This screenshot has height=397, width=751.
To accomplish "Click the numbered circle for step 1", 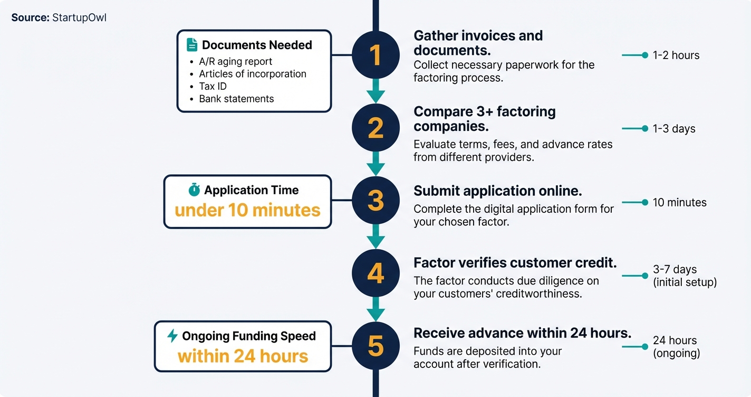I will tap(375, 55).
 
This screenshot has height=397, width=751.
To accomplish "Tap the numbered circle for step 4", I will tap(375, 273).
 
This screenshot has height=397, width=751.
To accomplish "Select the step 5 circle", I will tap(375, 346).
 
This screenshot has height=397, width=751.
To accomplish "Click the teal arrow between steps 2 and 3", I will tap(375, 164).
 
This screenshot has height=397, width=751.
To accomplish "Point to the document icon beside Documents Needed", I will tap(192, 45).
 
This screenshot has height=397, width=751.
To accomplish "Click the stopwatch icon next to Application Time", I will tap(194, 190).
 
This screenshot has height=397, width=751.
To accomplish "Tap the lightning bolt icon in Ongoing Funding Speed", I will tap(172, 336).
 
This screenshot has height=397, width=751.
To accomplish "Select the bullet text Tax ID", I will tap(213, 86).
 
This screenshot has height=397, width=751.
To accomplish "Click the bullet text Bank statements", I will tap(236, 99).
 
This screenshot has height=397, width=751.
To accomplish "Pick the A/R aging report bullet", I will tap(235, 61).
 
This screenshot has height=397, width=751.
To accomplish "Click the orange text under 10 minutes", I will tap(247, 210).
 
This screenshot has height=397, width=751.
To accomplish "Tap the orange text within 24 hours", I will tap(243, 356).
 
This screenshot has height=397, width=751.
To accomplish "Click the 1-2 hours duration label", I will tap(676, 55).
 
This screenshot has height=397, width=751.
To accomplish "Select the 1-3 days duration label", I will tap(673, 129).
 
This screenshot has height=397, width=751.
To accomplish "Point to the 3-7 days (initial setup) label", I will tap(684, 276).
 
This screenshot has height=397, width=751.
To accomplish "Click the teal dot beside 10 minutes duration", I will tap(644, 202).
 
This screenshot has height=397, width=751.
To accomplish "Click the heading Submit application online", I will tap(498, 191).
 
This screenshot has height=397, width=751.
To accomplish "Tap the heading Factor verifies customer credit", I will tap(515, 263).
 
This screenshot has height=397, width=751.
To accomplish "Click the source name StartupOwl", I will tap(79, 17).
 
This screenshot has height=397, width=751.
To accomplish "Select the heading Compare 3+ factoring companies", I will tap(484, 119).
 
